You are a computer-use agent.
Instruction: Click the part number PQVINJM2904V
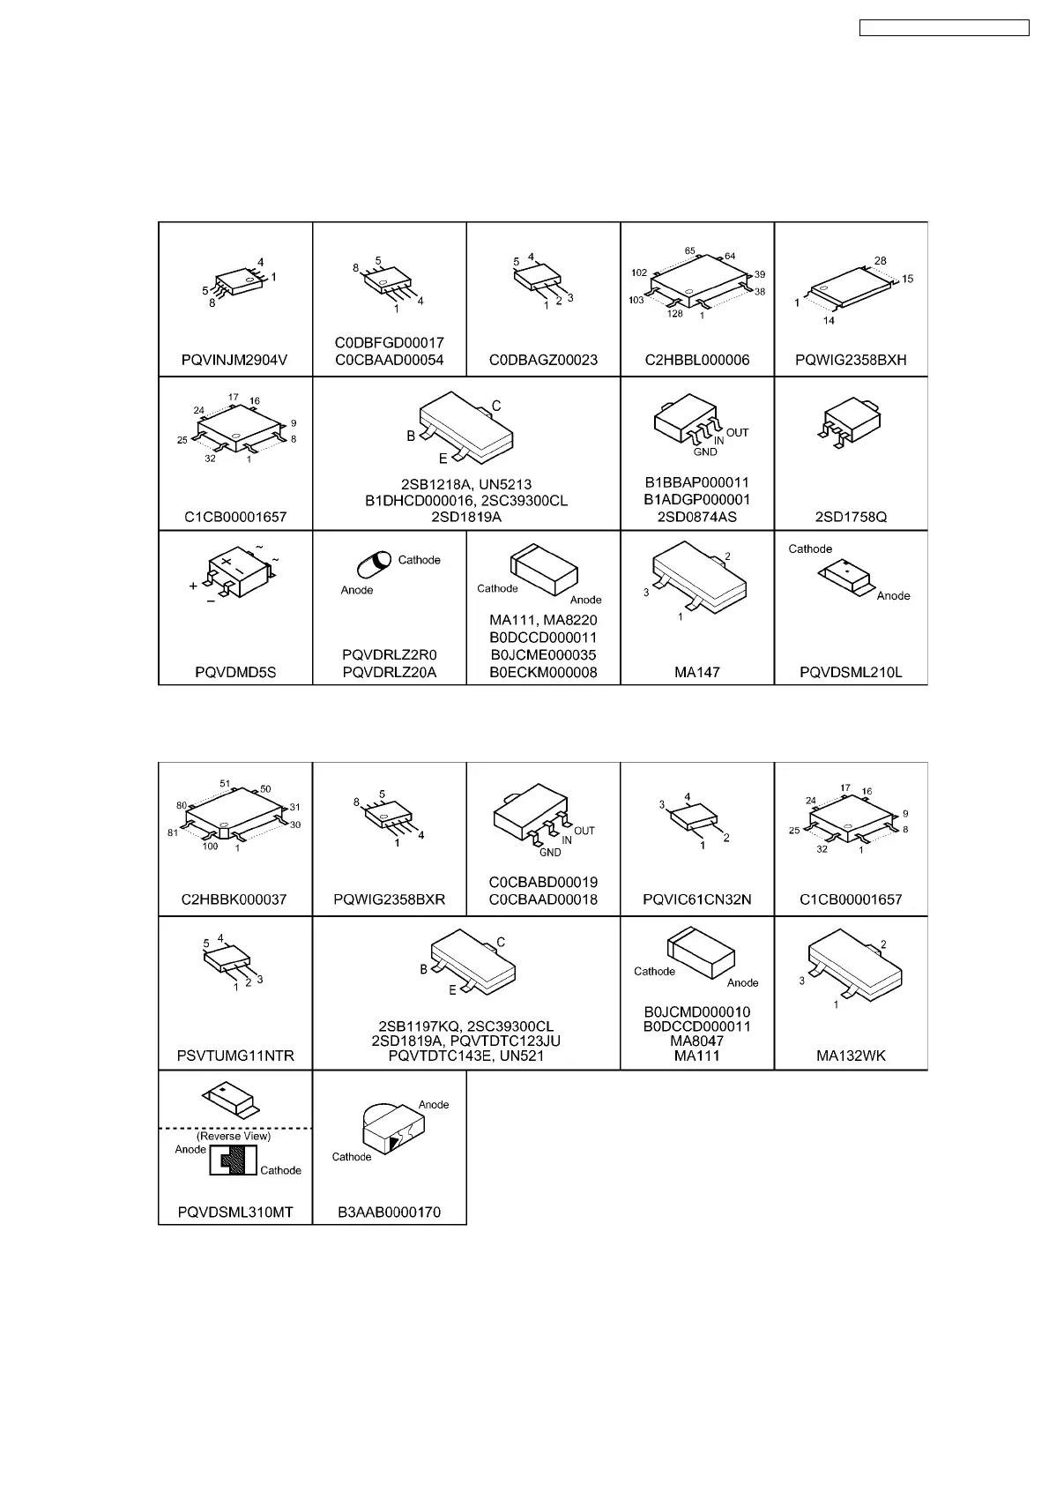click(x=234, y=360)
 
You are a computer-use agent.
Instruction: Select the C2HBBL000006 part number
click(x=697, y=360)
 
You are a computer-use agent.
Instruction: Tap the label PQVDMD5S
click(x=235, y=672)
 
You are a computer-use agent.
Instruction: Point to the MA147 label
click(x=697, y=672)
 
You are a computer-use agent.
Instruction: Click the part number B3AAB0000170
click(x=389, y=1213)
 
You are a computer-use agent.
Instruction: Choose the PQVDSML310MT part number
click(x=235, y=1213)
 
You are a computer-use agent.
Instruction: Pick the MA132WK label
click(x=852, y=1056)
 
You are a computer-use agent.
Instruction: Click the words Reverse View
click(x=234, y=1137)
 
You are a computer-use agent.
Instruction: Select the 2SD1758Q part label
click(x=852, y=517)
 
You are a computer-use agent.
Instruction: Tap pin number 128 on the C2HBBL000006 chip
click(x=675, y=314)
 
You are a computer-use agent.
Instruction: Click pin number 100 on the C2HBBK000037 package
click(x=210, y=847)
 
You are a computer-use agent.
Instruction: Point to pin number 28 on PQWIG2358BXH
click(x=880, y=261)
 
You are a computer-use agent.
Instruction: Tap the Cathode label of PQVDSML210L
click(x=810, y=548)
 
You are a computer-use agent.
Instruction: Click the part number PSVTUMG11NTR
click(x=235, y=1056)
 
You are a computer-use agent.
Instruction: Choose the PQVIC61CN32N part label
click(x=697, y=900)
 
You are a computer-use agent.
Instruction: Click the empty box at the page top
click(x=944, y=28)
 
